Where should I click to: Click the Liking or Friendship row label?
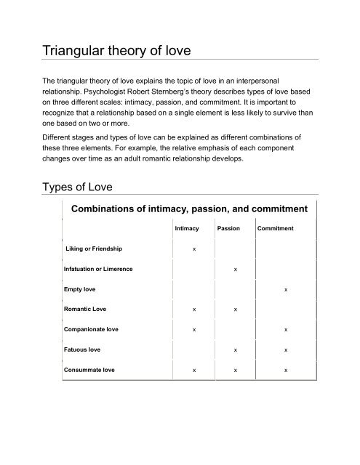pyautogui.click(x=94, y=249)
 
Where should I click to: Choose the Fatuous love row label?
pyautogui.click(x=84, y=349)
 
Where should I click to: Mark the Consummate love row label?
pyautogui.click(x=90, y=370)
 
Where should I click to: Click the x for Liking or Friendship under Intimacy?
pyautogui.click(x=193, y=250)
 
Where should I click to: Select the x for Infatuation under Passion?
pyautogui.click(x=235, y=270)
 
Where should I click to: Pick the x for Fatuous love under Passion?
pyautogui.click(x=235, y=350)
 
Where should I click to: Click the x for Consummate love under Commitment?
pyautogui.click(x=286, y=371)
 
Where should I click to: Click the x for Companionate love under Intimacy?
pyautogui.click(x=193, y=330)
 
